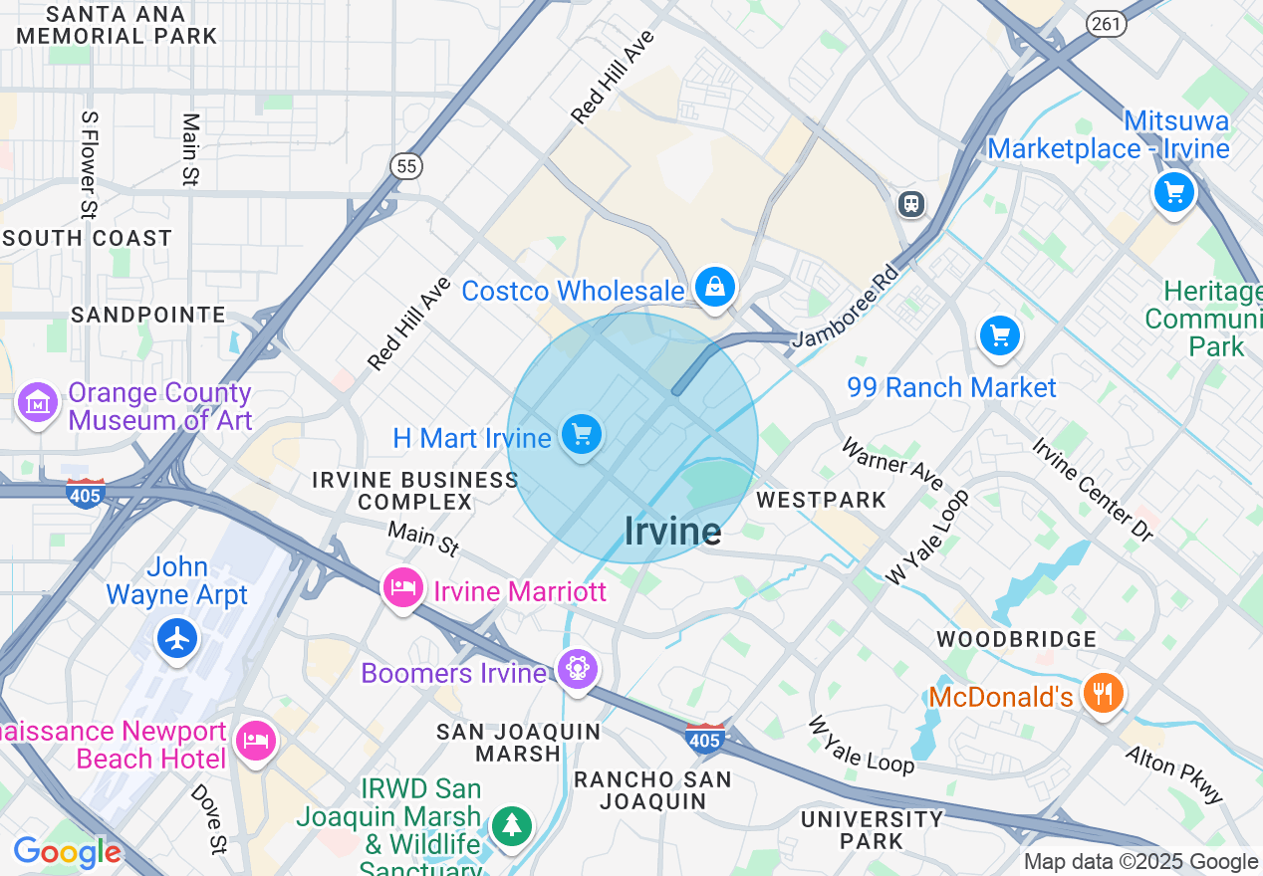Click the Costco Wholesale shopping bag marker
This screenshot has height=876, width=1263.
pyautogui.click(x=714, y=287)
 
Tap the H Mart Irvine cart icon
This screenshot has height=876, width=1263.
pyautogui.click(x=582, y=434)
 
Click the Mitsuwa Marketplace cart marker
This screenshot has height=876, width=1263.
pyautogui.click(x=1173, y=191)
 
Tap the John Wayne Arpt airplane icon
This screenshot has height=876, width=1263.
pyautogui.click(x=177, y=637)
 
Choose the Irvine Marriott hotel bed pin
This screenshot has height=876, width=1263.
pyautogui.click(x=402, y=587)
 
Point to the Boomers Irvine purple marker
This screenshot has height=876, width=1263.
pyautogui.click(x=576, y=669)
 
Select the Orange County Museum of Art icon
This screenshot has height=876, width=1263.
pyautogui.click(x=38, y=404)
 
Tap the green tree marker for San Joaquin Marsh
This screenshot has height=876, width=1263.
pyautogui.click(x=511, y=824)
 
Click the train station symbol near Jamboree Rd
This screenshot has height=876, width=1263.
pyautogui.click(x=910, y=204)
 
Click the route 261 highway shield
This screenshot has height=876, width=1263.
pyautogui.click(x=1107, y=25)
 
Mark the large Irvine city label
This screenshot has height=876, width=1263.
pyautogui.click(x=672, y=532)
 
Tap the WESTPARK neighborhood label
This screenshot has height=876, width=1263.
pyautogui.click(x=821, y=500)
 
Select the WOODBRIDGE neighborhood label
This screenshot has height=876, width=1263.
pyautogui.click(x=1016, y=639)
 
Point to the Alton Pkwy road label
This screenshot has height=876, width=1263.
pyautogui.click(x=1174, y=774)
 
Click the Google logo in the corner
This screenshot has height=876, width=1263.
pyautogui.click(x=67, y=852)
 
